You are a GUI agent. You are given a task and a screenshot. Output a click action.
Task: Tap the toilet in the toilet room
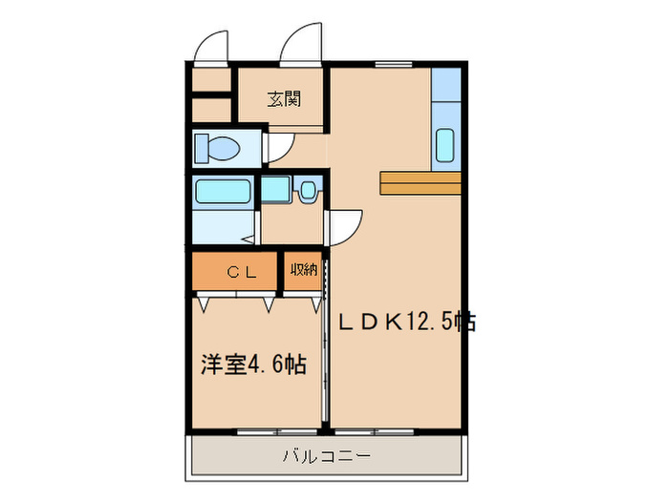217,149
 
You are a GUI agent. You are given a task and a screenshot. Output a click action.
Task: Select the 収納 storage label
303,271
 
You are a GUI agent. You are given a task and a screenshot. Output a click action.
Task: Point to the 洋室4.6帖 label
253,364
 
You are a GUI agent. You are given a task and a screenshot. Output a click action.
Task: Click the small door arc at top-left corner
212,46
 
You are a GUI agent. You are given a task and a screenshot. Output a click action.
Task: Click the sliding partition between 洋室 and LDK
326,344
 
